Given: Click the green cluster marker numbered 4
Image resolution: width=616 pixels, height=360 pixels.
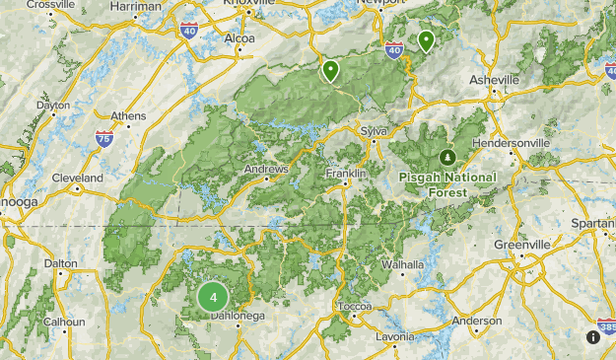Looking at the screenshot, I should (213, 297).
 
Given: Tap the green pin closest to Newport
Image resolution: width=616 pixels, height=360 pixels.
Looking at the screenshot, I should (426, 40).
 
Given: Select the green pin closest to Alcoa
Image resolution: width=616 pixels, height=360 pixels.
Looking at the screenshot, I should (330, 70).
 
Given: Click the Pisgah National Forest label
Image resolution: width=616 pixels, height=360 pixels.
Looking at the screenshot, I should (447, 184).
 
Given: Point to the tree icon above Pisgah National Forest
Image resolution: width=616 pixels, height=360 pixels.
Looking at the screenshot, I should (447, 158).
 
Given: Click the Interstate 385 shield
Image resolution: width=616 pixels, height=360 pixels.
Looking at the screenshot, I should (606, 325).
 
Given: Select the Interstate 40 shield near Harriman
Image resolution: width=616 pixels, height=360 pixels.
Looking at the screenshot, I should (188, 31).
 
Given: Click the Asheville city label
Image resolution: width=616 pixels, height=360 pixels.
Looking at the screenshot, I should (494, 79).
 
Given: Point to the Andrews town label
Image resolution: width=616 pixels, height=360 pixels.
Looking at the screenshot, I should (266, 169).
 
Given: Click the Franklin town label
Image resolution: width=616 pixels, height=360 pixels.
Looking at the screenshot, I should (346, 174).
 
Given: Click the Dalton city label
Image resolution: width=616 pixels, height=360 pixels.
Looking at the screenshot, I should (60, 263).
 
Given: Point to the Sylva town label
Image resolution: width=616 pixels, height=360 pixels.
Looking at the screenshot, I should (375, 130).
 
